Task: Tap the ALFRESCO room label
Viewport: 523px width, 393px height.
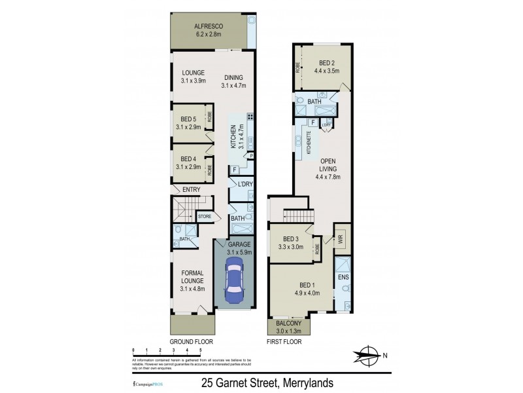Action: coord(209,27)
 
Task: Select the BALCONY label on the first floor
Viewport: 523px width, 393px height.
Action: coord(288,324)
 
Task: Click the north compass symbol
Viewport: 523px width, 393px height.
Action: coord(369,355)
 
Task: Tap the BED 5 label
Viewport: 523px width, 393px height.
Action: coord(188,119)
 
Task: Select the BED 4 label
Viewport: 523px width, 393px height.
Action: coord(188,159)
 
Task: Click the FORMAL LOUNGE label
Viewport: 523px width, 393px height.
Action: coord(193,277)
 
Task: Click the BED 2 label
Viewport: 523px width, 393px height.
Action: coord(327,63)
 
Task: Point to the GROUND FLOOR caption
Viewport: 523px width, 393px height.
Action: coord(192,342)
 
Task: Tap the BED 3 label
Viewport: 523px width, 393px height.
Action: coord(290,238)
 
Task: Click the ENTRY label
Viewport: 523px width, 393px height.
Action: coord(192,189)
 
